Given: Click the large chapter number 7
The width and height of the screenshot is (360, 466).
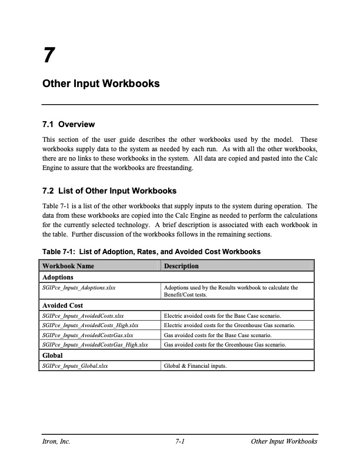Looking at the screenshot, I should click(49, 56).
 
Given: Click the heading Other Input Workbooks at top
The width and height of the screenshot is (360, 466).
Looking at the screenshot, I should click(101, 84).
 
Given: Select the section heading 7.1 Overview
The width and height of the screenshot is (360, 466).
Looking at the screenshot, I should click(68, 124).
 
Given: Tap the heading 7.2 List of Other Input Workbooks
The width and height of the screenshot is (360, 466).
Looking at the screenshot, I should click(109, 191).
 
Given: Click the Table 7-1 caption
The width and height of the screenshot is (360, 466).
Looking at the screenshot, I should click(151, 252).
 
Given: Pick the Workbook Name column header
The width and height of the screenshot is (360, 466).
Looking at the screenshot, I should click(69, 266).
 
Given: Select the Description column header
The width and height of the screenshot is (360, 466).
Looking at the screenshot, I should click(181, 266).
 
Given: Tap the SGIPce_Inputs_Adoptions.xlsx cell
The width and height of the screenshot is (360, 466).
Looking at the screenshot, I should click(79, 288).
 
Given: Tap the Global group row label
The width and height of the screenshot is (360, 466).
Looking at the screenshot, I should click(54, 355).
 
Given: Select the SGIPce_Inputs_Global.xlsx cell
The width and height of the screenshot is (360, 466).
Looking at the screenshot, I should click(76, 365).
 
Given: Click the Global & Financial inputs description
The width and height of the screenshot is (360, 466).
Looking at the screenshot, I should click(195, 365).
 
